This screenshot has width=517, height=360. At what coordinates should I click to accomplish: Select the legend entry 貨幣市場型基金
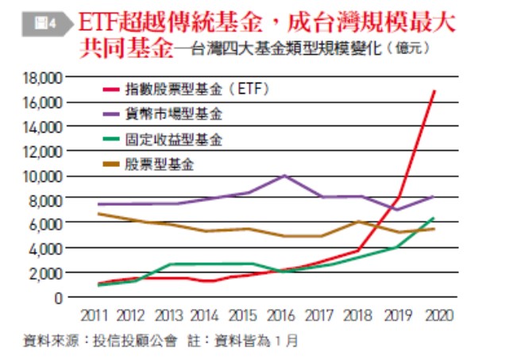point(173,114)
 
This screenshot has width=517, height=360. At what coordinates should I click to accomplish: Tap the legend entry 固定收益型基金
point(173,139)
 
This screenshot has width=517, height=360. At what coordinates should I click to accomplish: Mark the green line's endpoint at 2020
point(434,218)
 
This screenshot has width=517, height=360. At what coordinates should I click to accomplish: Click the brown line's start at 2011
point(98,214)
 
